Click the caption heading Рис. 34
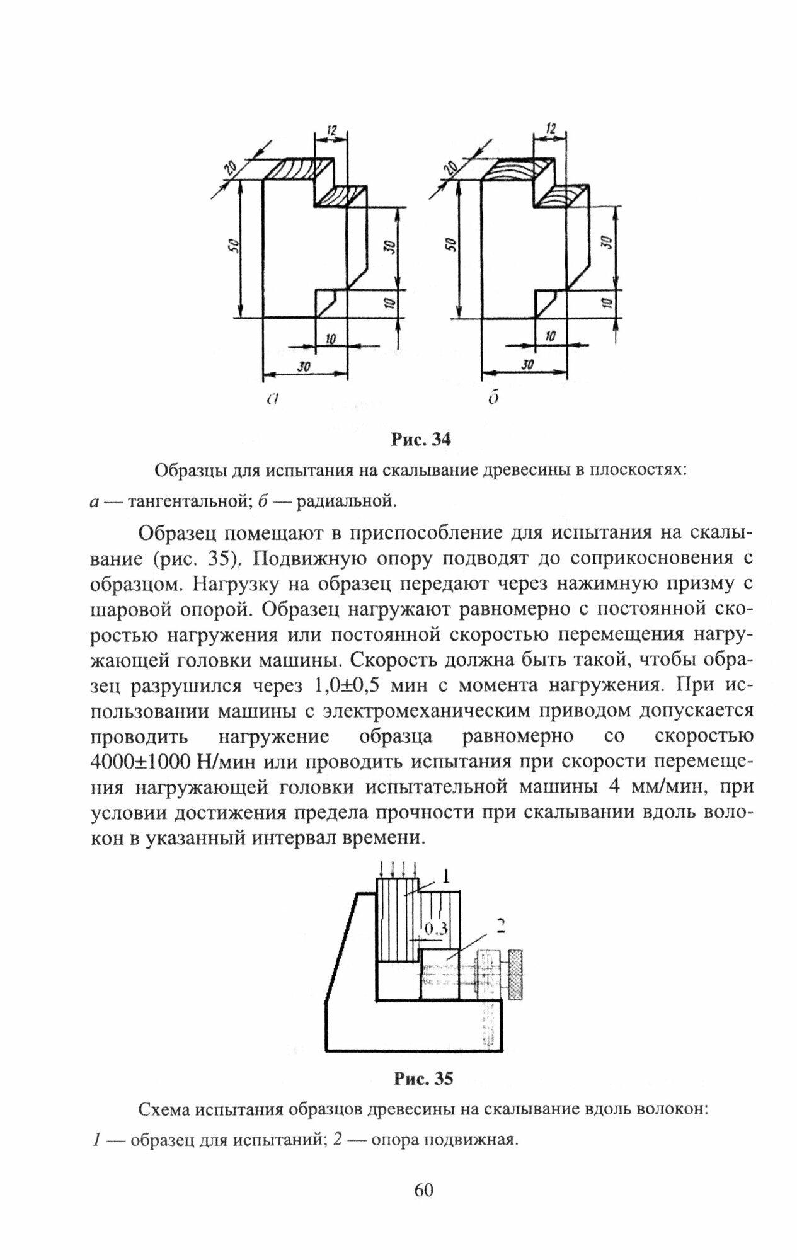point(421,439)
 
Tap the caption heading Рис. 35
point(423,1078)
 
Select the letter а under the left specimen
point(272,398)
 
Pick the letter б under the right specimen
point(493,398)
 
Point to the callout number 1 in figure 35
point(445,876)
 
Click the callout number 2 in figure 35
point(501,925)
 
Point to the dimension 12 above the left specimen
point(331,130)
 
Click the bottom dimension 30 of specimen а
point(304,366)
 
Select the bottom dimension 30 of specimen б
point(527,365)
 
